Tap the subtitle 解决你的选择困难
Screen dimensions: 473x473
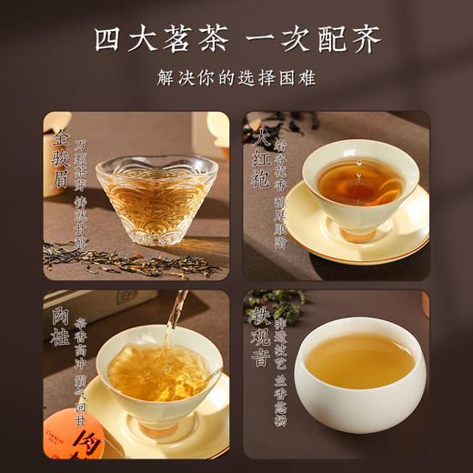(236, 78)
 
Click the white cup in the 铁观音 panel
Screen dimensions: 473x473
(359, 373)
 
